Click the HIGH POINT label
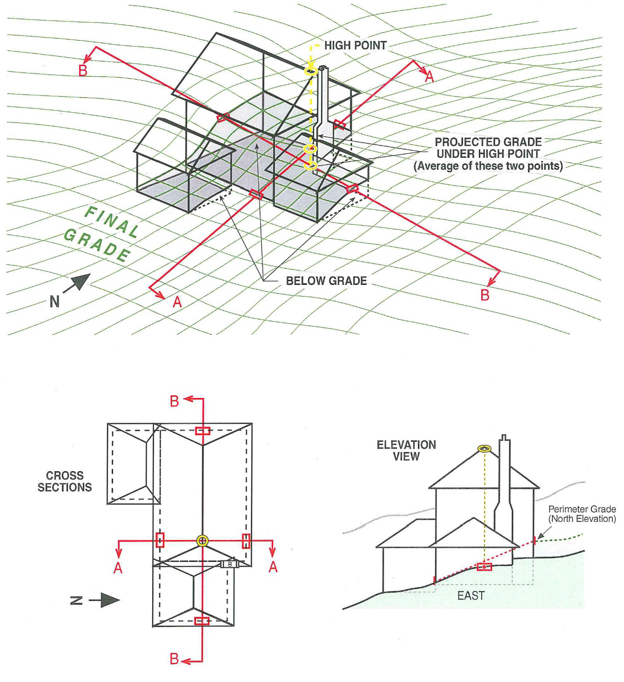click(355, 46)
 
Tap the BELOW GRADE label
click(326, 281)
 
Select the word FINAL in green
click(112, 222)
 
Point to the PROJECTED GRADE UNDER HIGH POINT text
click(488, 154)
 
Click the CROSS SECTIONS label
click(65, 481)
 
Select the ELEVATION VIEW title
click(406, 450)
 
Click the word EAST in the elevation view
click(470, 596)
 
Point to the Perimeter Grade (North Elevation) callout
click(582, 514)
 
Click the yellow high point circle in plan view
click(202, 540)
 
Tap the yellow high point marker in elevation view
click(484, 449)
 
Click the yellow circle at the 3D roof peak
click(310, 71)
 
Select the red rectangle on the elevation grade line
click(484, 567)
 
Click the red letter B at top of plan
click(174, 401)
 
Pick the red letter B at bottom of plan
click(174, 659)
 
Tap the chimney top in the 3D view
click(323, 68)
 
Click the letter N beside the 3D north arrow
click(54, 302)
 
